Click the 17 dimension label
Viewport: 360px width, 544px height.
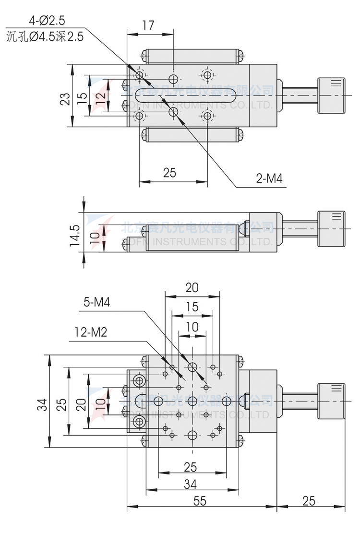coord(148,25)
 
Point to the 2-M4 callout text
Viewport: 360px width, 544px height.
coord(269,179)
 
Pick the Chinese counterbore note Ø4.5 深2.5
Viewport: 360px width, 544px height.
coord(45,36)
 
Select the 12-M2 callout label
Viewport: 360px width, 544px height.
coord(91,331)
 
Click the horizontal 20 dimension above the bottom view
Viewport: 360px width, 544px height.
coord(192,287)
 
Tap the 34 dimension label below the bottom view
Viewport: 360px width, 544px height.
coord(191,485)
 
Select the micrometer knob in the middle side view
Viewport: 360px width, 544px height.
coord(331,229)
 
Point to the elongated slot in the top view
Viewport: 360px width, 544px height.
coord(185,95)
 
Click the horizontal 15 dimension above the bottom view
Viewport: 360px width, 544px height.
coord(192,307)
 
